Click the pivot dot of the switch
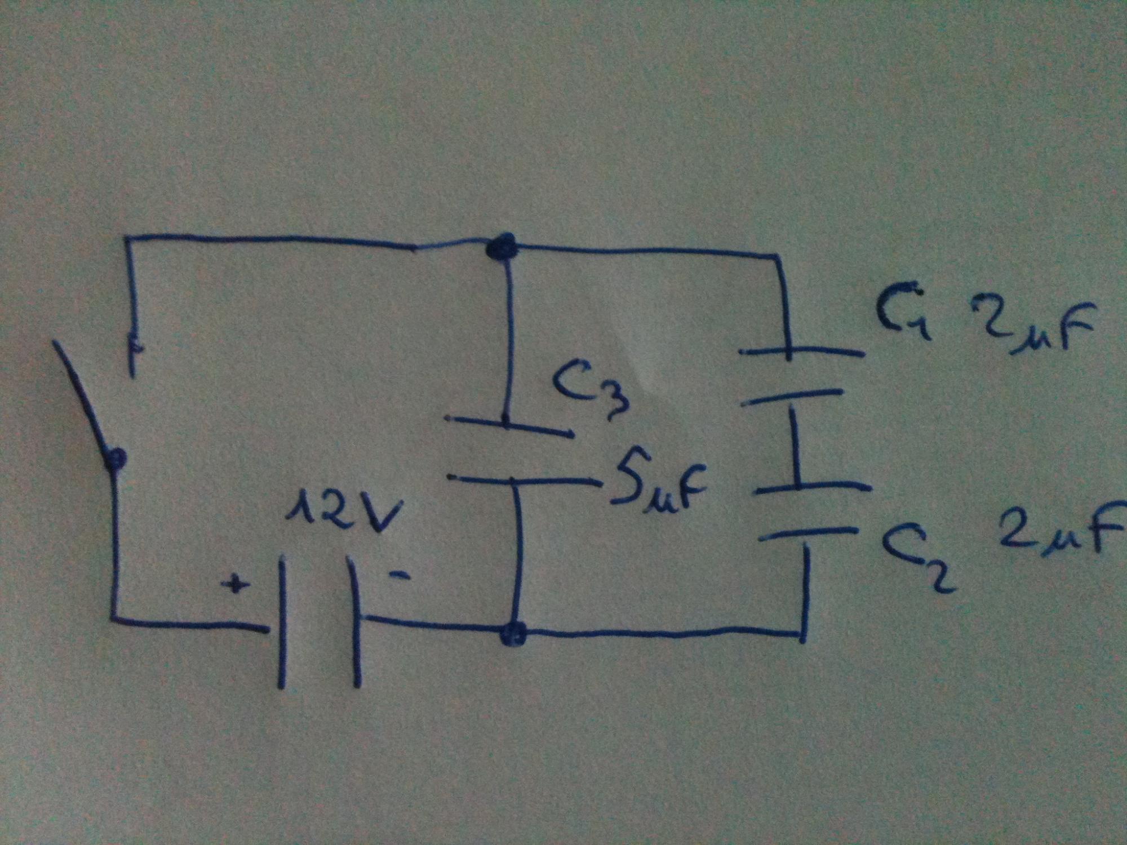[116, 459]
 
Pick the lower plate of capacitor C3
[521, 480]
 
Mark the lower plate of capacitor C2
[806, 535]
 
